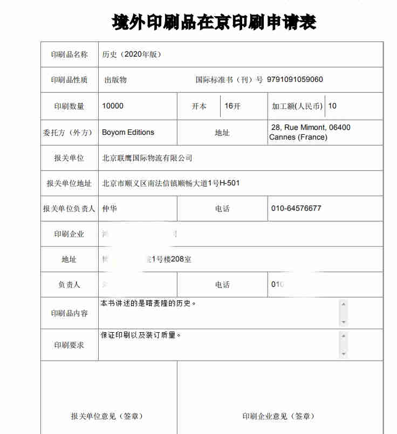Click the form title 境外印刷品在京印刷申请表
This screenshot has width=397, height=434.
point(214,22)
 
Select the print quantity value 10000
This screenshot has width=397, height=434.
point(113,106)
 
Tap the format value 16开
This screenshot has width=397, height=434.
point(232,106)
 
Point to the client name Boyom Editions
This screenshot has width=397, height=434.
point(128,132)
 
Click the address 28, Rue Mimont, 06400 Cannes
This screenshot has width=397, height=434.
point(310,132)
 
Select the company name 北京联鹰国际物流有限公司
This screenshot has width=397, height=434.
point(147,158)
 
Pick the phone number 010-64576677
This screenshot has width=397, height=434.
point(296,208)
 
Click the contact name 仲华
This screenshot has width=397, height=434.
point(109,208)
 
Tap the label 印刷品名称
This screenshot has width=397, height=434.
point(69,54)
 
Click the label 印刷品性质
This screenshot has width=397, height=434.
point(69,80)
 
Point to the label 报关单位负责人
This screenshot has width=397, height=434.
point(69,209)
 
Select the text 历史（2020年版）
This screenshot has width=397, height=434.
point(132,54)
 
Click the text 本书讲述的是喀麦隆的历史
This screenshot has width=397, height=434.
point(148,304)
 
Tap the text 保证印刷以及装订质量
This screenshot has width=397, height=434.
point(141,335)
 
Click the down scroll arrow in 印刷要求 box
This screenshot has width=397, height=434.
point(344,354)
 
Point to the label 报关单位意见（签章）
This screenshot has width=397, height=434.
point(107,416)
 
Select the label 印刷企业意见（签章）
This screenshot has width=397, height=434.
point(278,416)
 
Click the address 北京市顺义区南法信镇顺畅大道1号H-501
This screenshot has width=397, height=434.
point(170,183)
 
